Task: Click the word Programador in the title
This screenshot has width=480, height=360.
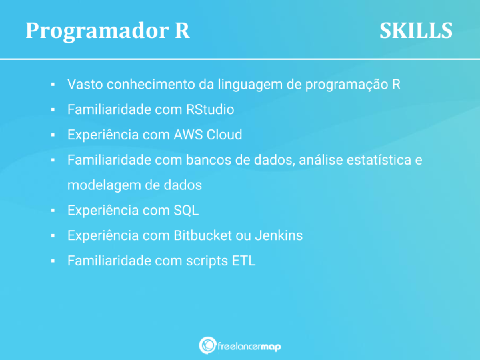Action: coord(91,31)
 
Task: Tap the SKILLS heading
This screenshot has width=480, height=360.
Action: coord(416,31)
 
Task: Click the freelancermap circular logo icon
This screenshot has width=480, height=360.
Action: coord(207,345)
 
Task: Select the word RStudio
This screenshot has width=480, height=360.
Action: coord(210,109)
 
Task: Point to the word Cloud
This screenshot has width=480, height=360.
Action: coord(225,135)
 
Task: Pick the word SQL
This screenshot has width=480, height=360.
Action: coord(186,211)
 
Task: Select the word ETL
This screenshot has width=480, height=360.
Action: coord(243,261)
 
